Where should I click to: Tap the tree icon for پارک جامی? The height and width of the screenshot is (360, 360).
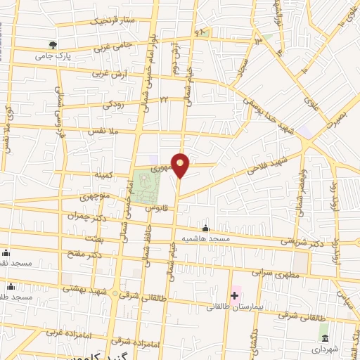pyautogui.click(x=53, y=45)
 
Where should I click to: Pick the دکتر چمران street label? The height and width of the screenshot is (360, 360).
pyautogui.click(x=91, y=217)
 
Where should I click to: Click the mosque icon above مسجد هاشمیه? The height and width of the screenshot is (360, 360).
pyautogui.click(x=205, y=229)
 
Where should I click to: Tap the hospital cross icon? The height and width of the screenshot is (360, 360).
pyautogui.click(x=234, y=296)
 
